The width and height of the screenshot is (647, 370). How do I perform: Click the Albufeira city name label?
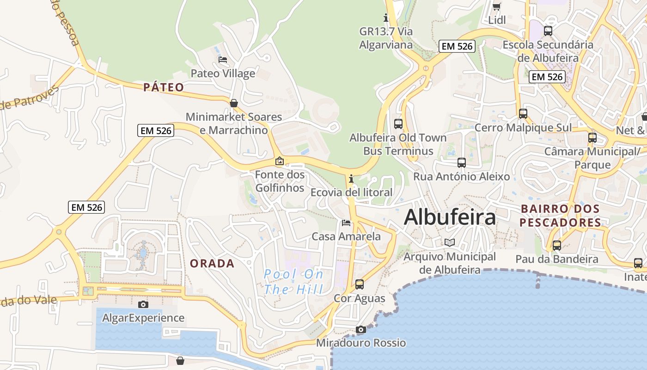450,217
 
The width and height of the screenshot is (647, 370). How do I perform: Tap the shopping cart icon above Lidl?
497,6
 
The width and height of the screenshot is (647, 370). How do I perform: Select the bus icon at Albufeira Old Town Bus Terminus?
398,123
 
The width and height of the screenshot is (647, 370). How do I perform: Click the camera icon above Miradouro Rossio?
361,329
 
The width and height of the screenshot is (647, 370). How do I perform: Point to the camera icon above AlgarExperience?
143,304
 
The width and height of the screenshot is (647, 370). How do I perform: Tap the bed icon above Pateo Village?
223,60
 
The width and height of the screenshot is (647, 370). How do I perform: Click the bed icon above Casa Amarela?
346,223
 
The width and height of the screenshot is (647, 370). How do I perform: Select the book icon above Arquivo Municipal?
450,242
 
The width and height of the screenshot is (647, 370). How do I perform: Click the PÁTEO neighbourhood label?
164,87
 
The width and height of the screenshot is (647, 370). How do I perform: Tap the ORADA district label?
213,264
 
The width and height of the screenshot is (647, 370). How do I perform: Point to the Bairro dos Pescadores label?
560,216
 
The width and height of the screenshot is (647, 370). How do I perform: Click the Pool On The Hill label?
294,282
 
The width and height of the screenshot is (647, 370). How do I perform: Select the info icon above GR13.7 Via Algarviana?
386,18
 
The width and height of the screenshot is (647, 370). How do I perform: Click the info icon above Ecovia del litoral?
351,179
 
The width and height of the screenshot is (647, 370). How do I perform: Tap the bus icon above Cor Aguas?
360,284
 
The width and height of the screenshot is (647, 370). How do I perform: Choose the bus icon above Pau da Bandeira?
557,245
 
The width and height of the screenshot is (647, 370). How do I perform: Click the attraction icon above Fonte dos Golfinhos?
280,161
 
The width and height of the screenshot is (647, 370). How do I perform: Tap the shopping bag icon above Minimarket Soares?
234,103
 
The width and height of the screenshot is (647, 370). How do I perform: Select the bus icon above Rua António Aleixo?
461,162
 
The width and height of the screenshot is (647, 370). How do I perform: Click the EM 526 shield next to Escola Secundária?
547,77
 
